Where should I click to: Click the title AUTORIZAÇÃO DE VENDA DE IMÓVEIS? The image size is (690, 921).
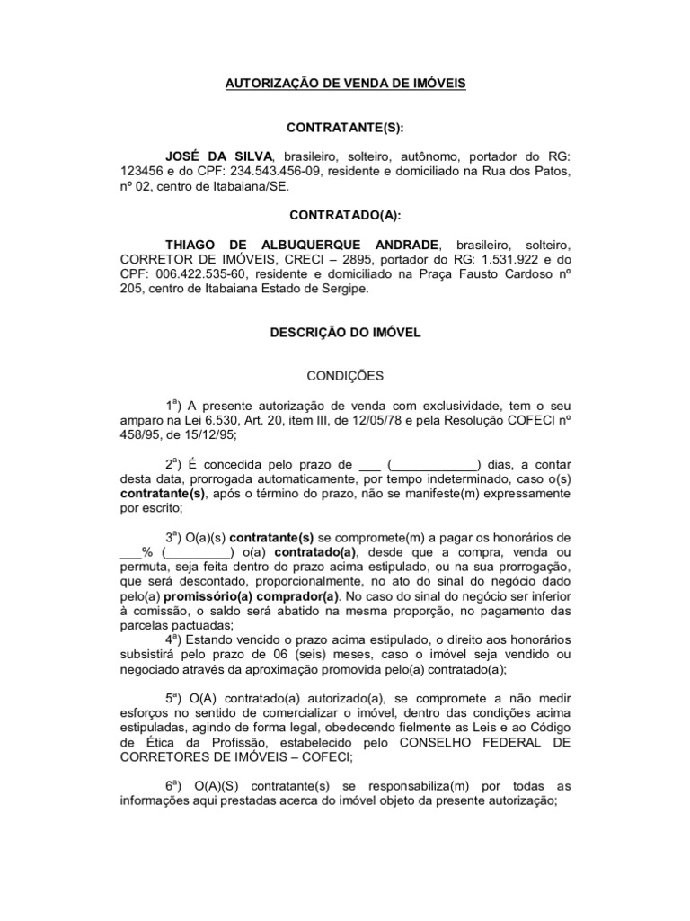[x=345, y=84]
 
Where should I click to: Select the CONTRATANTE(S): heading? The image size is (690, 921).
[x=345, y=129]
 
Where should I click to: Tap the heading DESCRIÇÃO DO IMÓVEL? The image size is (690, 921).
[x=345, y=332]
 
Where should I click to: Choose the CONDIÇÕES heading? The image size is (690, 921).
[x=345, y=375]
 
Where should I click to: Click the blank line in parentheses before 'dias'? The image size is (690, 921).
[x=433, y=465]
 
